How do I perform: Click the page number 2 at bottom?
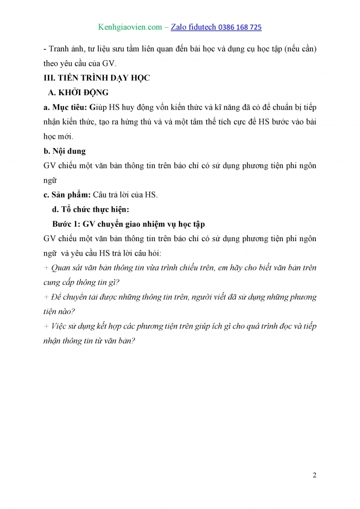pos(314,475)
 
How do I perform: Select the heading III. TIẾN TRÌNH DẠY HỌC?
pos(96,78)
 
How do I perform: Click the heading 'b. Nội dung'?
pos(65,151)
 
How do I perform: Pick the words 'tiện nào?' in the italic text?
pos(59,312)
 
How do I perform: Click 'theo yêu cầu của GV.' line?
pos(81,64)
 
